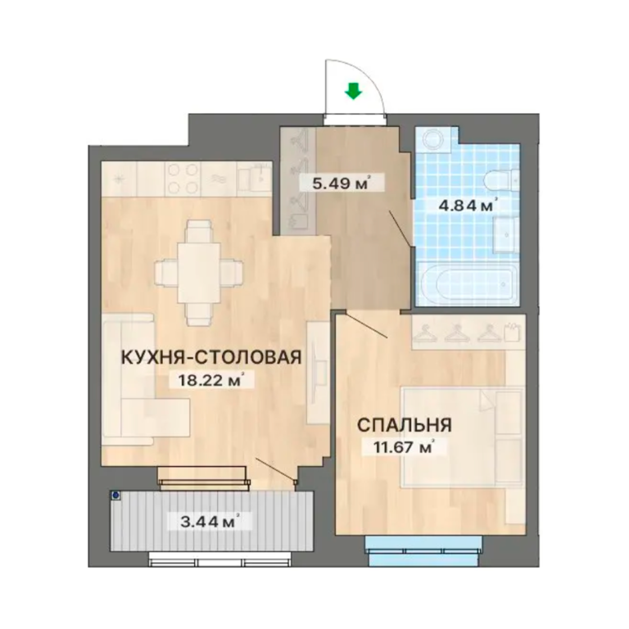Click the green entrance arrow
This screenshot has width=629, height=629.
(353, 91)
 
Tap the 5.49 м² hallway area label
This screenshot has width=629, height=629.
(341, 183)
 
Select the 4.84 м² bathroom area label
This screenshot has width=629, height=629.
(467, 206)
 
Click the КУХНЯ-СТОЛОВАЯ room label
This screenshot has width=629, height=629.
(211, 357)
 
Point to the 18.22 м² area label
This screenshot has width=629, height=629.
(211, 380)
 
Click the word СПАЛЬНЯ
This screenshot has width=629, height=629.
(405, 425)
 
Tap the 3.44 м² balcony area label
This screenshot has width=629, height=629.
(210, 522)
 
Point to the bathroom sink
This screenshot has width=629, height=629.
(506, 235)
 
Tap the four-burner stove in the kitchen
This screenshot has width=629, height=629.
(183, 179)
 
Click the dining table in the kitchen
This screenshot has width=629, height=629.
(198, 272)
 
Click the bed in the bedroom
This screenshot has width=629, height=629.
(464, 438)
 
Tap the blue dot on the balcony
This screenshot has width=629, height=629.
(116, 496)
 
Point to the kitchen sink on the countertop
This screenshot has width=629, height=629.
(254, 179)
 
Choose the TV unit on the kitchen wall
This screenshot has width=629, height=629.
(318, 373)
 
